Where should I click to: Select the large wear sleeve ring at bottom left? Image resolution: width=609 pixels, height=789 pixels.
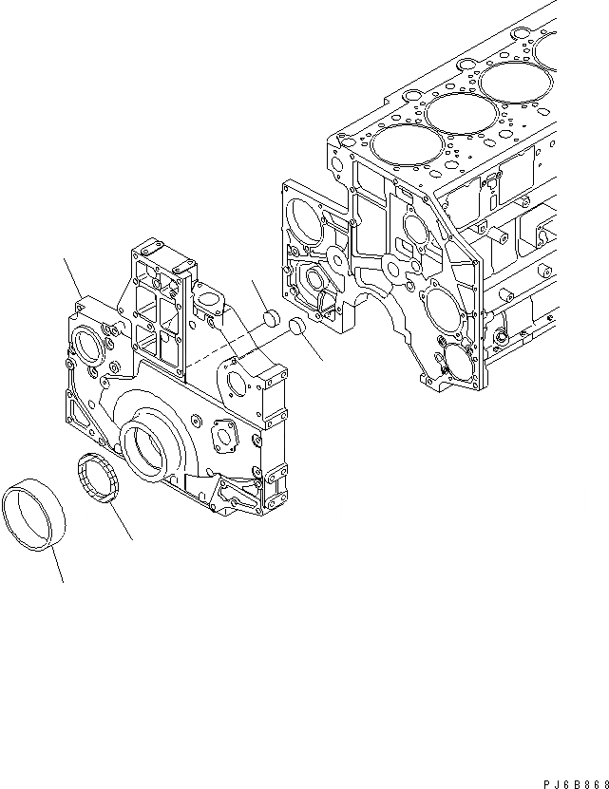[x=38, y=517]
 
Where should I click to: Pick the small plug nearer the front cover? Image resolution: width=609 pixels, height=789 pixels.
[x=269, y=317]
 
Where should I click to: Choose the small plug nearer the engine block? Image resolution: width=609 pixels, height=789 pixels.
[x=295, y=327]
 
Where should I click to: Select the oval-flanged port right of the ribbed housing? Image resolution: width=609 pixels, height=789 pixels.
[x=211, y=302]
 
